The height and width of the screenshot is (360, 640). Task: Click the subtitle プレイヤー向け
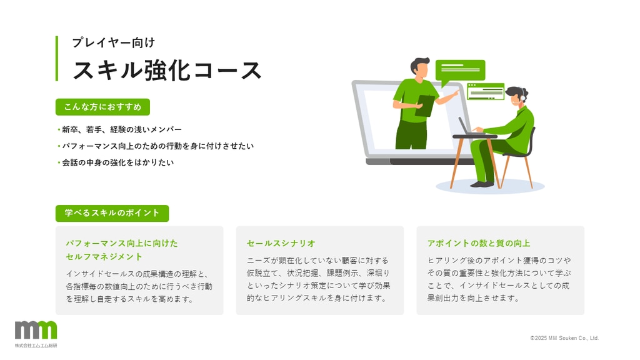114,42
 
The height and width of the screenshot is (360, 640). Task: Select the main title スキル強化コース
167,70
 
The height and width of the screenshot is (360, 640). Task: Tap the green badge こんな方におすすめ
103,107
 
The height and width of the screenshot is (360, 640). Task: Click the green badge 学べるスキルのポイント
112,213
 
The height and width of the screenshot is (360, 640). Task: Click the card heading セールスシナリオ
281,243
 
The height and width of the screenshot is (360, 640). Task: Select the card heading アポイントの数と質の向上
478,243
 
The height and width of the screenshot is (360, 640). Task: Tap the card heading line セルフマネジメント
104,257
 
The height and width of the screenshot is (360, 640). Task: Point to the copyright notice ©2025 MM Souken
564,338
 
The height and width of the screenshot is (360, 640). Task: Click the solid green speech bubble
460,71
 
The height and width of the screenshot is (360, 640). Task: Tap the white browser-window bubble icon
485,91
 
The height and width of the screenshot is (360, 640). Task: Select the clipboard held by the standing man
425,106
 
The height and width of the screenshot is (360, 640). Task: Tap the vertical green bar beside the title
57,58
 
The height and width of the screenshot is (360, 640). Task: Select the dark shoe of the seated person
482,184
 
